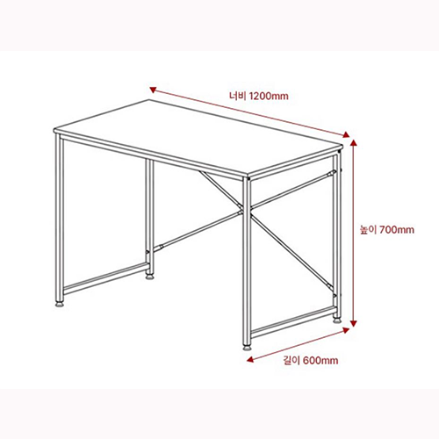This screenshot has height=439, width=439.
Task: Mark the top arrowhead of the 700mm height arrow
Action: (353, 137)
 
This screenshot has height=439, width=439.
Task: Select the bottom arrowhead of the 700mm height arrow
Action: (353, 327)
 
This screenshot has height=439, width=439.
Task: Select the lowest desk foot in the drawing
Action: (247, 347)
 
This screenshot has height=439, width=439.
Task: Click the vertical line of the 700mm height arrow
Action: (353, 263)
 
